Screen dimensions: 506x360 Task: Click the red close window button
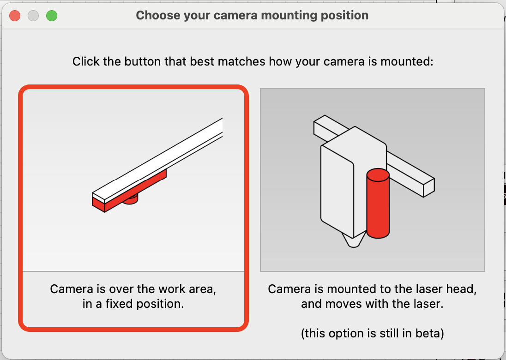click(15, 16)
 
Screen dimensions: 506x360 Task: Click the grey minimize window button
click(33, 16)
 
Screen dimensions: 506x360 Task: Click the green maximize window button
click(52, 16)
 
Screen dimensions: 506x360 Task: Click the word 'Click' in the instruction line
click(86, 61)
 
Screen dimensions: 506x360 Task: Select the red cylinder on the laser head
click(378, 203)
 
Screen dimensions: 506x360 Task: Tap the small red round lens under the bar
click(131, 200)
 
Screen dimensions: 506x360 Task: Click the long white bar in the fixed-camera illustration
click(157, 160)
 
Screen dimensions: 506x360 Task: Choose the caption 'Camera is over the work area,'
click(133, 289)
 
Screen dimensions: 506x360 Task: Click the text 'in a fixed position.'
click(133, 304)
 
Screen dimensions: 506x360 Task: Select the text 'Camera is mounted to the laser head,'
click(372, 289)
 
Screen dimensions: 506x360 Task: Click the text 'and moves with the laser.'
click(372, 304)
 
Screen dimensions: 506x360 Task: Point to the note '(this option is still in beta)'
click(372, 333)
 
